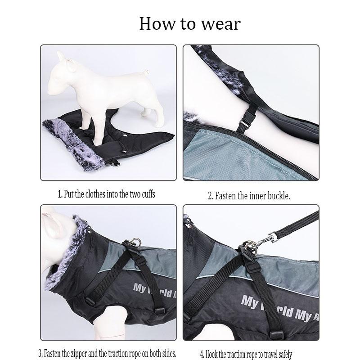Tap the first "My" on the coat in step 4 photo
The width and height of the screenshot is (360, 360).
[x=250, y=300]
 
